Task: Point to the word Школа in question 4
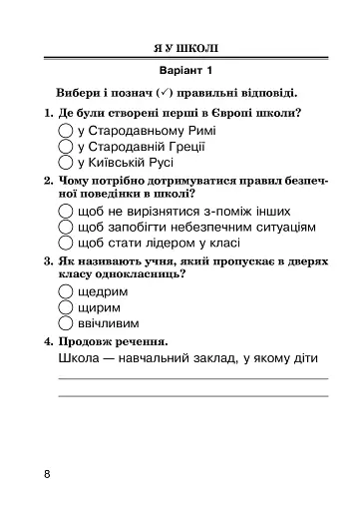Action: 81,359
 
